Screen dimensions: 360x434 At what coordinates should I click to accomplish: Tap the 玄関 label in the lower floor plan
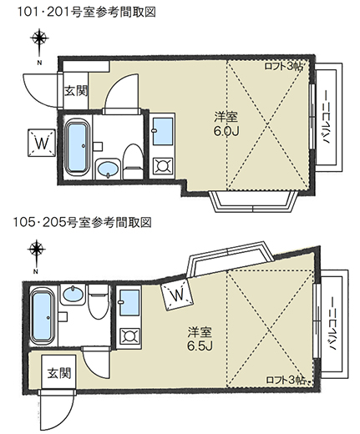pos(59,373)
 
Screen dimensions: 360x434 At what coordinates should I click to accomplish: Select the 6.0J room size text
pos(226,131)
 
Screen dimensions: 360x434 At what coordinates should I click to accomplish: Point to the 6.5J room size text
pos(200,346)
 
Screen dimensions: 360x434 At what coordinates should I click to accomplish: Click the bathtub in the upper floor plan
pos(77,148)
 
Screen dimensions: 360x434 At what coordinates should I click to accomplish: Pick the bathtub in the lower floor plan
pos(42,315)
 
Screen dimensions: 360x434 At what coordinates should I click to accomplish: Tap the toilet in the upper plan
pos(133,162)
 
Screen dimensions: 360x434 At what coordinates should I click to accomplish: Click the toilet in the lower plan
pos(99,302)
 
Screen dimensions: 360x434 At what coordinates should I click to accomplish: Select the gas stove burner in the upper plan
pos(162,166)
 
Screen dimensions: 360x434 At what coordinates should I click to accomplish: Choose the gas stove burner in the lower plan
pos(129,336)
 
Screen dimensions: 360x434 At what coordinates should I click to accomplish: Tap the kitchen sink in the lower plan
pos(129,302)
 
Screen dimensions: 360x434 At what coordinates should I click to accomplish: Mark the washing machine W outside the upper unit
pos(42,143)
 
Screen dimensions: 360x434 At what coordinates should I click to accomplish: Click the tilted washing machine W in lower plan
pos(177,295)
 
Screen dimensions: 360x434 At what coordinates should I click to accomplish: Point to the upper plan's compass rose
pos(40,38)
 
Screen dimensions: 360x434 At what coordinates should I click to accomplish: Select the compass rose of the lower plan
pos(37,250)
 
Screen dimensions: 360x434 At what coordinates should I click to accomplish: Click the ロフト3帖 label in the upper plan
pos(283,66)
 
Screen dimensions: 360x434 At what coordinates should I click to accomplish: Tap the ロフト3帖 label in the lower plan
pos(286,380)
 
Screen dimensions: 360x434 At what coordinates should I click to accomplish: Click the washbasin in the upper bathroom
pos(108,169)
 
